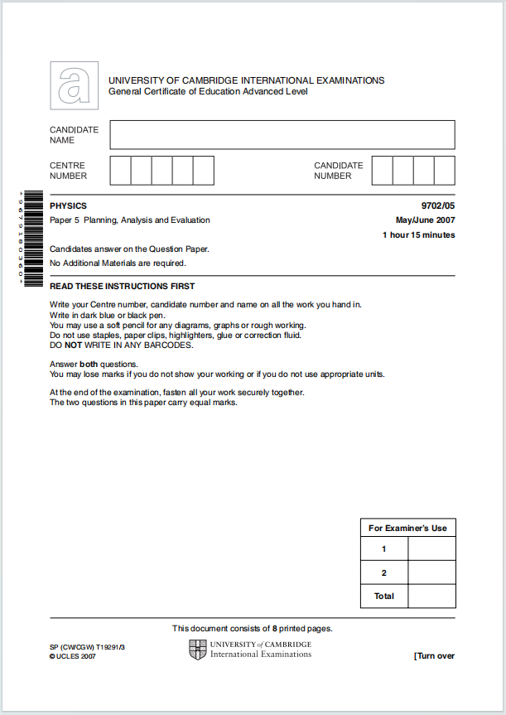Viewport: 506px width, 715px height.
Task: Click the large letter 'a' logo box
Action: tap(74, 85)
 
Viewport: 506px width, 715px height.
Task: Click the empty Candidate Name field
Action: tap(282, 135)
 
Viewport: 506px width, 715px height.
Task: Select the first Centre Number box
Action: tap(120, 171)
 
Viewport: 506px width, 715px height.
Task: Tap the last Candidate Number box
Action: tap(445, 171)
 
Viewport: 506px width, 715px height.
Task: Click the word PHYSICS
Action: tap(68, 205)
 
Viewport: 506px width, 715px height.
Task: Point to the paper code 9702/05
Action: tap(437, 205)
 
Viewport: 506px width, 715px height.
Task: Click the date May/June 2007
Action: tap(425, 220)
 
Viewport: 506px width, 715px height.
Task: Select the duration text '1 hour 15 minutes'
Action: tap(418, 235)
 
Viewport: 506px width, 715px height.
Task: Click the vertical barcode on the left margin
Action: tap(32, 239)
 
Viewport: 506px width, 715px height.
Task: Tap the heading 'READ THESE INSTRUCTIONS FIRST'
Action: tap(123, 286)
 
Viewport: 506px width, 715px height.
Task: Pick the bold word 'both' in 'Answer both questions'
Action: tap(89, 364)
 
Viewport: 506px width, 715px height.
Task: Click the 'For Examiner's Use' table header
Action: tap(407, 528)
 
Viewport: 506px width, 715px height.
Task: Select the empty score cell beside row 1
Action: tap(431, 548)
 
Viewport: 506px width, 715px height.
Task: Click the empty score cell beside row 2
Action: tap(431, 572)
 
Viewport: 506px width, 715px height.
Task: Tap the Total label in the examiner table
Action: tap(384, 596)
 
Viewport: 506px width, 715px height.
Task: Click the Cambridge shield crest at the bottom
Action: tap(197, 650)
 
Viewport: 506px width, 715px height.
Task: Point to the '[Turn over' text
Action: tap(434, 656)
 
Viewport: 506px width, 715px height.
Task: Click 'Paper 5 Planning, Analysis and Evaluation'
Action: tap(130, 220)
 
